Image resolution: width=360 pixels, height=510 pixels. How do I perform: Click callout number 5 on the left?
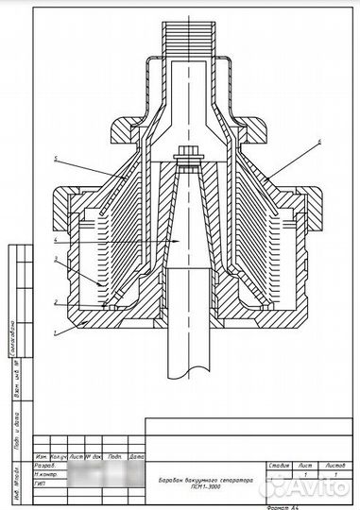point(56,159)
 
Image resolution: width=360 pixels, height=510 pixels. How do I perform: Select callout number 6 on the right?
point(318,141)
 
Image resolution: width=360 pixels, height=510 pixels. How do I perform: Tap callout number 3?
point(56,258)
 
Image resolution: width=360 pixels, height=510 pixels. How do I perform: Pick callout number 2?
point(56,302)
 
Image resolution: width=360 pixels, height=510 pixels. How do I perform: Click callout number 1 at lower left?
point(56,332)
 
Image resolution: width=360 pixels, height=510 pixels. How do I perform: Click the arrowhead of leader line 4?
point(151,243)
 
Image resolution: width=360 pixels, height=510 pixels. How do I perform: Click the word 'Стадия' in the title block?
point(279,466)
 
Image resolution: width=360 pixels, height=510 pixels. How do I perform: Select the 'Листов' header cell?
point(334,466)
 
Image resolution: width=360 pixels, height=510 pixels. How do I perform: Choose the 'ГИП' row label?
point(41,483)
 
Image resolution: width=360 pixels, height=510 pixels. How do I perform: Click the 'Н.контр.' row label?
point(47,474)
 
